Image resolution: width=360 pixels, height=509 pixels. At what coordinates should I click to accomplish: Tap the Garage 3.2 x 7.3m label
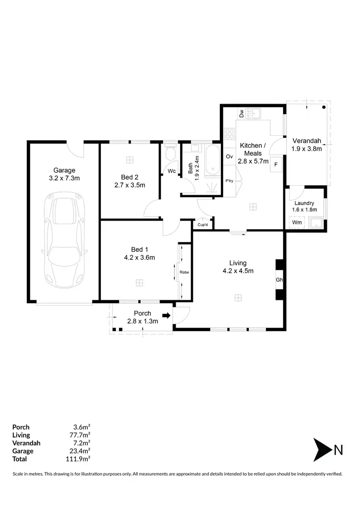click(64, 174)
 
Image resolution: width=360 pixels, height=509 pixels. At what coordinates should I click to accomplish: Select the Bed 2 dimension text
click(130, 185)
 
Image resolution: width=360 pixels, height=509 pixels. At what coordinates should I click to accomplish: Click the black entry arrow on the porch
click(166, 316)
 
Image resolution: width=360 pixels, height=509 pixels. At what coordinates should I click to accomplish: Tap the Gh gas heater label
click(278, 280)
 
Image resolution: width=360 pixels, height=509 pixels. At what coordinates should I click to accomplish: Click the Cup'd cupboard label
click(203, 225)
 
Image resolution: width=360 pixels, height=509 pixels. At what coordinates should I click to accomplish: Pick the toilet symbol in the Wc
click(169, 154)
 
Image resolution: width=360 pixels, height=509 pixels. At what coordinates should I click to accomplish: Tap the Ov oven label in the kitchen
click(229, 157)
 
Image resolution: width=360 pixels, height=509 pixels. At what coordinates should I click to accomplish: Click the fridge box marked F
click(276, 164)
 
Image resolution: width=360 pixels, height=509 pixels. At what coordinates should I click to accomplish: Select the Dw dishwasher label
click(241, 114)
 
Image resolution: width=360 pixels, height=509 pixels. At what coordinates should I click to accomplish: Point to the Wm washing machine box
click(297, 223)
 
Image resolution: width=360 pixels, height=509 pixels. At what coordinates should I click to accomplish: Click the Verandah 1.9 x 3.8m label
click(306, 145)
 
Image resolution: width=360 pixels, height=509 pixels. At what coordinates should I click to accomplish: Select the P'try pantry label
click(230, 181)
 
